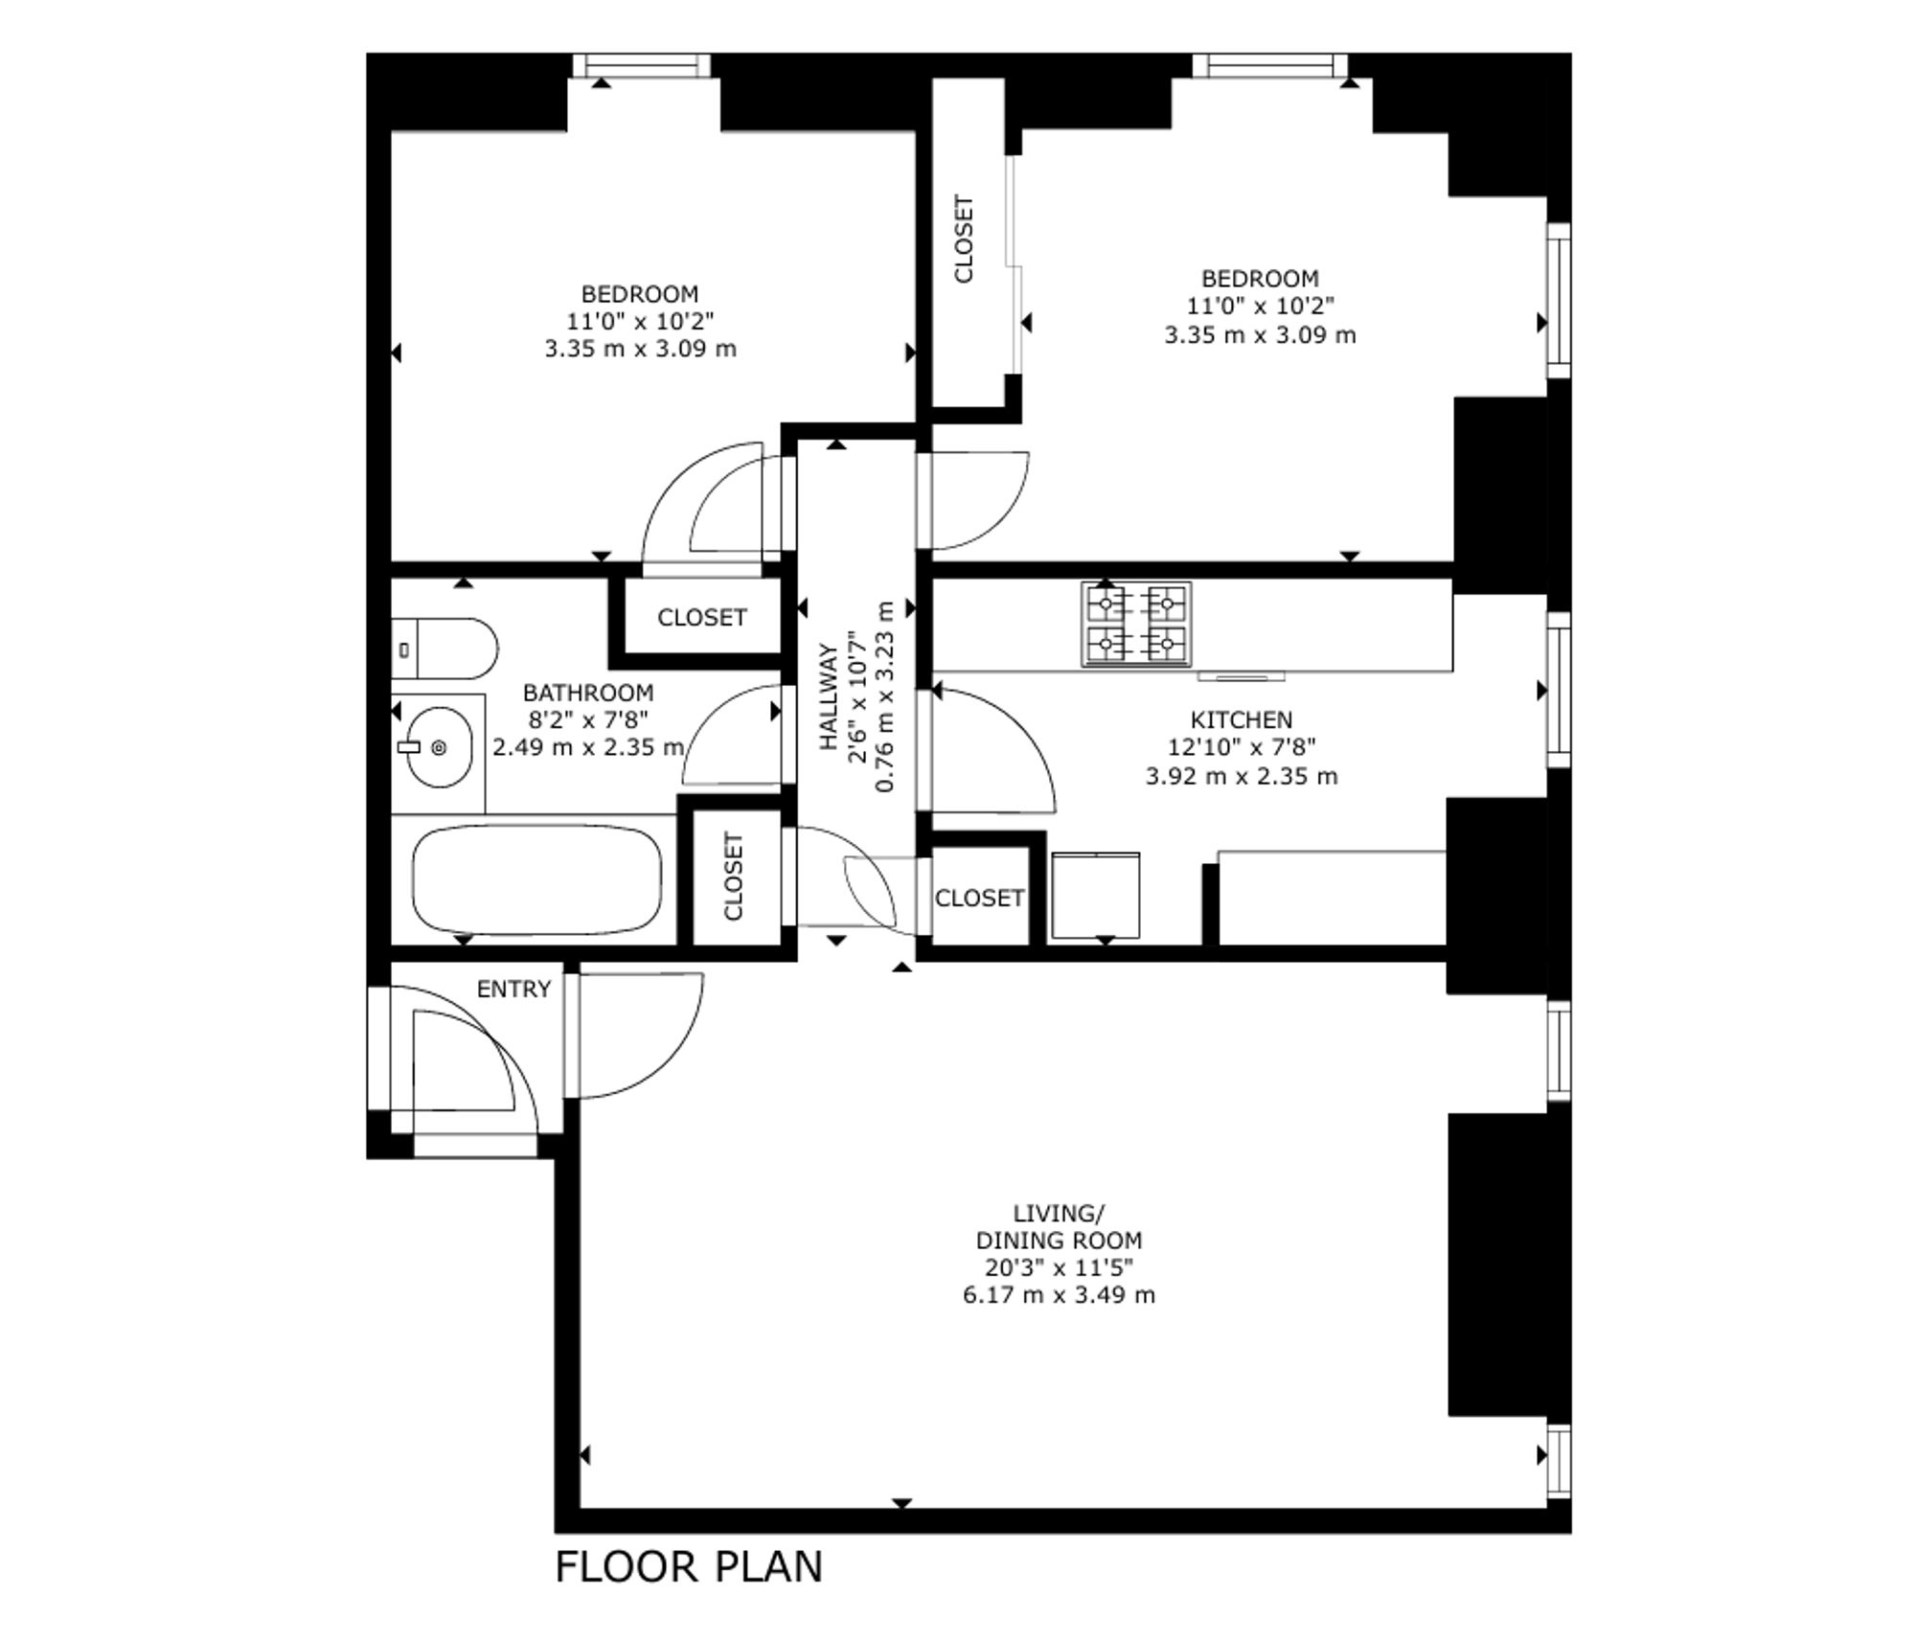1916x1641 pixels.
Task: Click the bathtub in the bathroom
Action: [536, 880]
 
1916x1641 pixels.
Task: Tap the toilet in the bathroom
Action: [445, 649]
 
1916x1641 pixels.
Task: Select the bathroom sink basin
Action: [439, 747]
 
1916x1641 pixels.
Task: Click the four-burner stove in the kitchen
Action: [1136, 624]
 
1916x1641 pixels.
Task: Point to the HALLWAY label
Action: [830, 696]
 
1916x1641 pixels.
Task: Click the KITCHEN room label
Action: [1241, 719]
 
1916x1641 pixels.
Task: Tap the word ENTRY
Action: [513, 989]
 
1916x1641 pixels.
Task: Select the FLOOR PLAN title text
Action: [689, 1567]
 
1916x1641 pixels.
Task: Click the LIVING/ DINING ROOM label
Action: [1059, 1226]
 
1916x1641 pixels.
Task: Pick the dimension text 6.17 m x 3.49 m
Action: [1059, 1295]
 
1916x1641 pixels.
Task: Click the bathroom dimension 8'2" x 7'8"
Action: [588, 719]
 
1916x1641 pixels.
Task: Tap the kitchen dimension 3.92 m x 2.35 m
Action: [1241, 776]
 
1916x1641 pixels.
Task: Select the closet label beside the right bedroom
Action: [964, 239]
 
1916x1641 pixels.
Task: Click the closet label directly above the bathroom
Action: [701, 618]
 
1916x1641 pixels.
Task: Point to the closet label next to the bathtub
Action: [733, 877]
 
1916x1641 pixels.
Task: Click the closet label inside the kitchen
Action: [979, 899]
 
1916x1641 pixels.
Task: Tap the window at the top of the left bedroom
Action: [641, 65]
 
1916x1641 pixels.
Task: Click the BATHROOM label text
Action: [588, 693]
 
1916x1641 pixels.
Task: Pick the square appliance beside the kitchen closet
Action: [1096, 896]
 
